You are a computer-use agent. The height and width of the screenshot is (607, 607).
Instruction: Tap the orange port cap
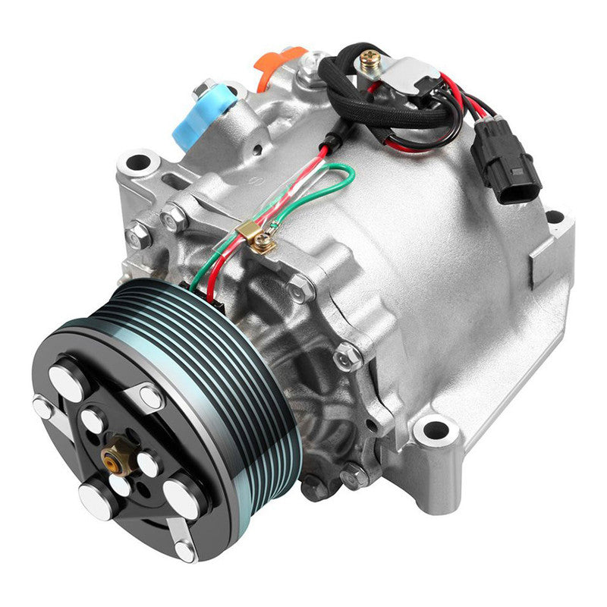[278, 66]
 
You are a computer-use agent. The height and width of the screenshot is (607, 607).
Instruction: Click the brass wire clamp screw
[262, 242]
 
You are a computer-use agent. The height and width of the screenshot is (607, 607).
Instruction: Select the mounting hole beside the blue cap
[138, 161]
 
